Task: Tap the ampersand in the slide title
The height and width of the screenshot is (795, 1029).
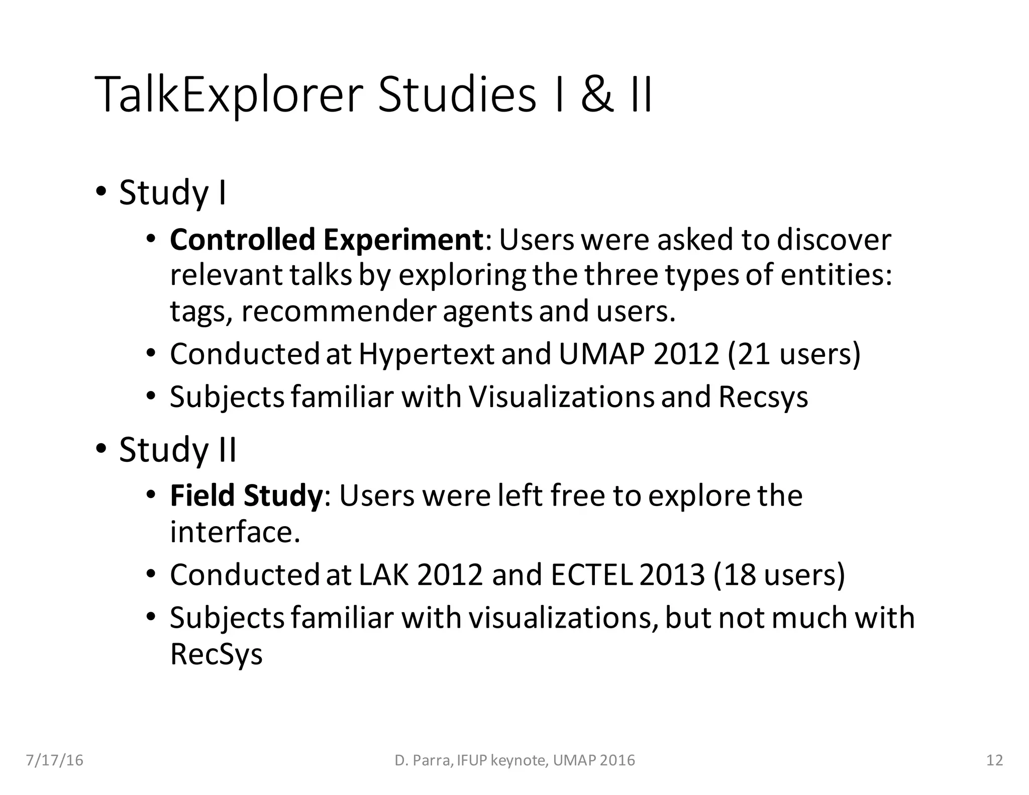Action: (x=597, y=94)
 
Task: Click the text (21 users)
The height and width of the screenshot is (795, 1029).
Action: (x=794, y=354)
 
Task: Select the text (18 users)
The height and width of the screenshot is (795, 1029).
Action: (x=779, y=574)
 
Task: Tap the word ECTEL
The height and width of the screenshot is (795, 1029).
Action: (x=591, y=574)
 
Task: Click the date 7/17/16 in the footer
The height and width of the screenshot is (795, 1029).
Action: (x=54, y=760)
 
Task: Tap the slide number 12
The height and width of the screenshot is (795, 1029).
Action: (x=995, y=760)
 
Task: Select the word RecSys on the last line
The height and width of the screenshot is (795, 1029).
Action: (x=216, y=654)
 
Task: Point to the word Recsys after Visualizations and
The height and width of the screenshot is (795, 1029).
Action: (x=763, y=397)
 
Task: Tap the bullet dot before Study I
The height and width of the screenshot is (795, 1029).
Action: (x=101, y=191)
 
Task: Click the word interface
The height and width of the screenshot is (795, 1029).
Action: (x=234, y=532)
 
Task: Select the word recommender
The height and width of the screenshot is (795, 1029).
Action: (x=338, y=311)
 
